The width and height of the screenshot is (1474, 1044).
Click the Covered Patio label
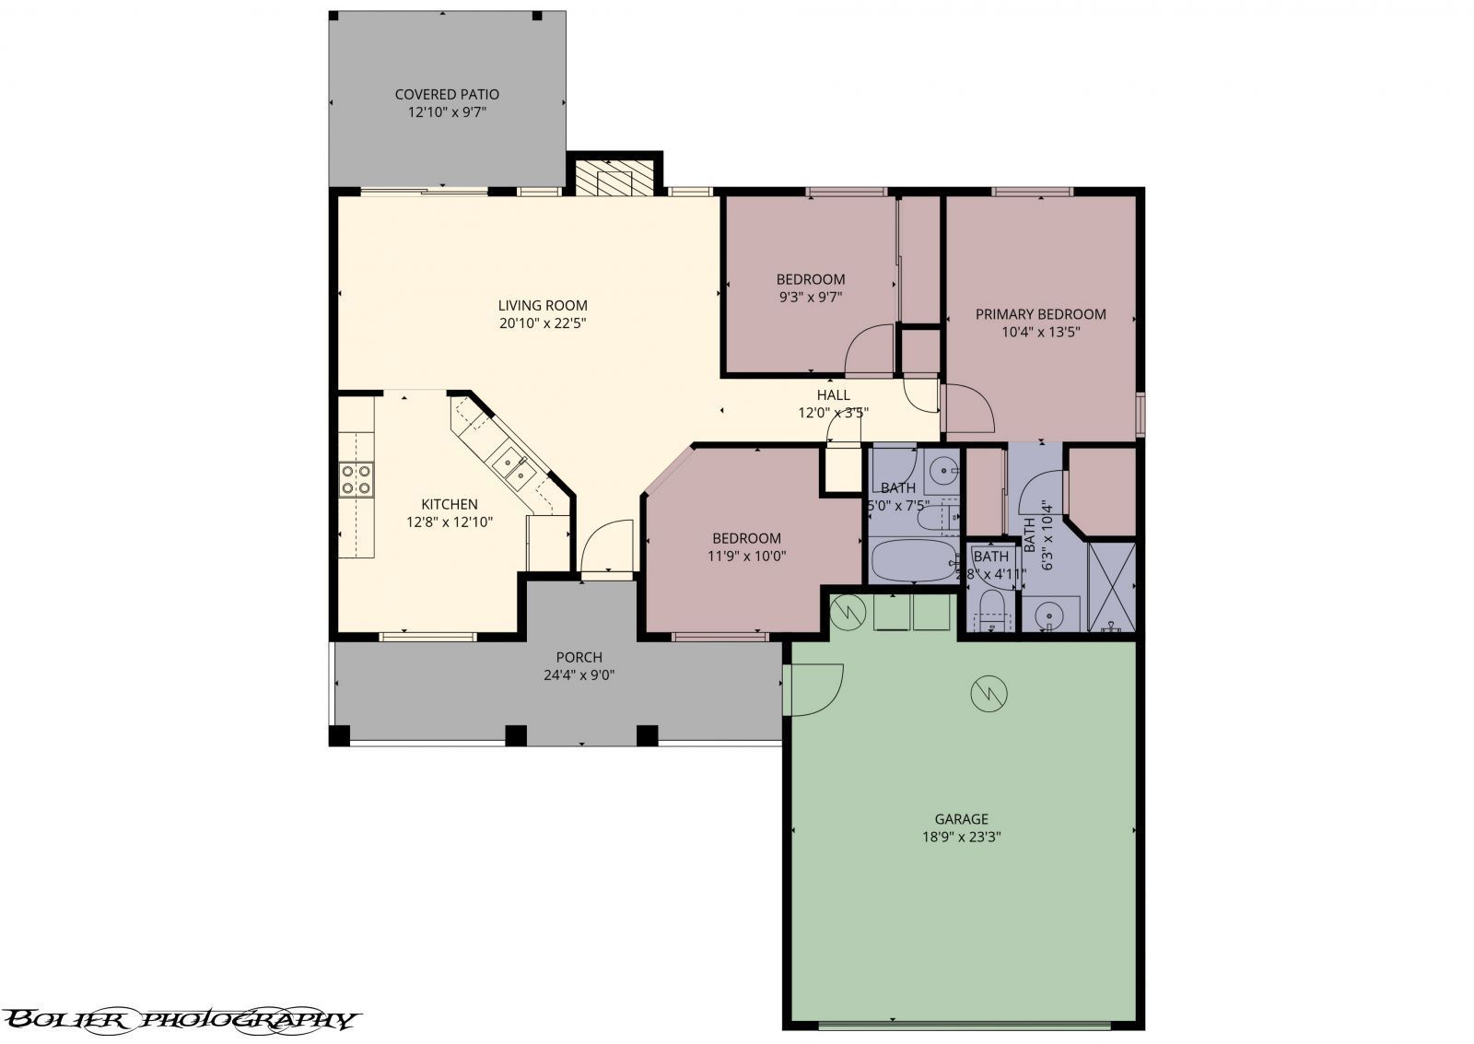point(447,94)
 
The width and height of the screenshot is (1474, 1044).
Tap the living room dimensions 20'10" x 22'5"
point(543,323)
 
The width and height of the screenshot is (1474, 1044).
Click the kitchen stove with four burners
point(357,479)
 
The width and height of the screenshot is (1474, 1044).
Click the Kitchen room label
point(450,504)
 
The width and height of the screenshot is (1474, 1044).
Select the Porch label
point(579,657)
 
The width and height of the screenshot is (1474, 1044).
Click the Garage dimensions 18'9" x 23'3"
point(961,837)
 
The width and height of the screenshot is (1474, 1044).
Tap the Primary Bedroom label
point(1040,314)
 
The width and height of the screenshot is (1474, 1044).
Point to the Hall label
point(833,395)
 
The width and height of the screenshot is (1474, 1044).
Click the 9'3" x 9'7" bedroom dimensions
point(810,297)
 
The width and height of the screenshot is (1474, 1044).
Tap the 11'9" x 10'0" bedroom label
point(746,539)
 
